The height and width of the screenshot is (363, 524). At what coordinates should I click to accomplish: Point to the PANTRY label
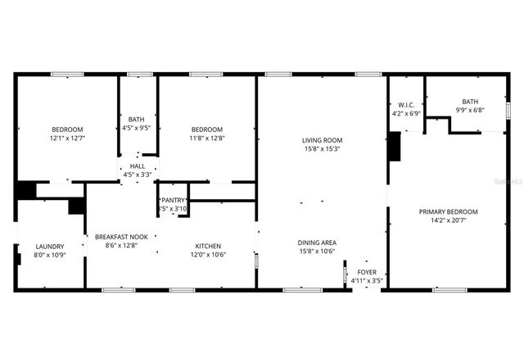(173, 200)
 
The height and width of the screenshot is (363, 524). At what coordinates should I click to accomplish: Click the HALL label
(137, 166)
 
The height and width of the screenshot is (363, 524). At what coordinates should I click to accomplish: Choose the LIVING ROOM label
(322, 140)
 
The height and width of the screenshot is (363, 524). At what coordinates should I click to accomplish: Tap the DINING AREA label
(322, 242)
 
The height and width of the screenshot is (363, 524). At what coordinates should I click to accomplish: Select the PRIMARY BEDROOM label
(448, 211)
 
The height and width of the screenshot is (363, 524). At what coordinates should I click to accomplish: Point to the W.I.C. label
(407, 105)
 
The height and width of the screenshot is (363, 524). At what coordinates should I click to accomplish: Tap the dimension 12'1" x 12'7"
(67, 138)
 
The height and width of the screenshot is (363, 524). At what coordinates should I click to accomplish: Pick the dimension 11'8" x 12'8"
(207, 138)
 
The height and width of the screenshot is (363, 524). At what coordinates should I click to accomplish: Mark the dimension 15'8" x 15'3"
(322, 148)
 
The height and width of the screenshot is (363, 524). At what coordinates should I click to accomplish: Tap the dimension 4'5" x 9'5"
(137, 128)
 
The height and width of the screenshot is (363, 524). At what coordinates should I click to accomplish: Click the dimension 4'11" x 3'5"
(367, 281)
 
